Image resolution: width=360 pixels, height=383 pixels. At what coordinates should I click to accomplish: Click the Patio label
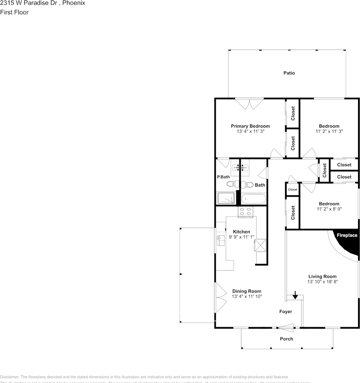pyautogui.click(x=289, y=73)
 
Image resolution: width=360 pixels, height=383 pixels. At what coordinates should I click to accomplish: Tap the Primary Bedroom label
pyautogui.click(x=250, y=126)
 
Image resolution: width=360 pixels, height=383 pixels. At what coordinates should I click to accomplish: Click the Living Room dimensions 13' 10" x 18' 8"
pyautogui.click(x=323, y=282)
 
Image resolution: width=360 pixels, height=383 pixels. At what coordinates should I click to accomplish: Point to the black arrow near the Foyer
pyautogui.click(x=295, y=295)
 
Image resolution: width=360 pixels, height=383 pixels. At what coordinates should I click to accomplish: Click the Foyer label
pyautogui.click(x=285, y=312)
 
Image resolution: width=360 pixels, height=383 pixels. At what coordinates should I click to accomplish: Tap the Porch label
pyautogui.click(x=286, y=339)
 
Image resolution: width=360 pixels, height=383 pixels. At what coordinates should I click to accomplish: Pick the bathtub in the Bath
pyautogui.click(x=253, y=198)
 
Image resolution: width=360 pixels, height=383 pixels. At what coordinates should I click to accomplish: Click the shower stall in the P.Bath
pyautogui.click(x=226, y=198)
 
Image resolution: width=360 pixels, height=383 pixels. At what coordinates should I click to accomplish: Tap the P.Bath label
pyautogui.click(x=223, y=177)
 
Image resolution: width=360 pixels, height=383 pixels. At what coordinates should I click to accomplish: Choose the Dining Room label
pyautogui.click(x=247, y=291)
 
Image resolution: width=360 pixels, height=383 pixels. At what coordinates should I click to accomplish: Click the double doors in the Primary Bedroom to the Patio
pyautogui.click(x=249, y=104)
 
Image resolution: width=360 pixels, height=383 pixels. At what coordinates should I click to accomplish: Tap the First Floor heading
pyautogui.click(x=14, y=12)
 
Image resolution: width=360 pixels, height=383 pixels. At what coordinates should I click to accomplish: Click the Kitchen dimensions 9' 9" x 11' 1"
pyautogui.click(x=242, y=237)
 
